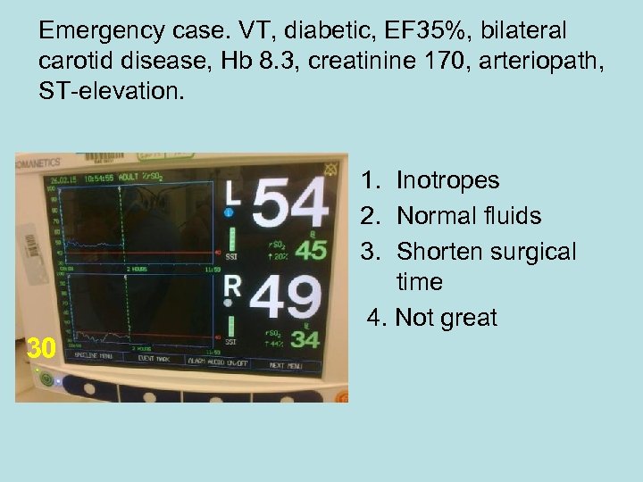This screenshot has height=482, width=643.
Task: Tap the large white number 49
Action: (285, 297)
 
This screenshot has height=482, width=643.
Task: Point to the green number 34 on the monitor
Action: (305, 339)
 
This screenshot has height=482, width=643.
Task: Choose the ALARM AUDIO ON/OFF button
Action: (216, 361)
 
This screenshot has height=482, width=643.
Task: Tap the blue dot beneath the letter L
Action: (229, 213)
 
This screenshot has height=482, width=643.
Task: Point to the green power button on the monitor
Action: (46, 378)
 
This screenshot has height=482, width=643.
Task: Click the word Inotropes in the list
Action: (447, 180)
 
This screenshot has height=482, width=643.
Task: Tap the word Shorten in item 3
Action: (439, 252)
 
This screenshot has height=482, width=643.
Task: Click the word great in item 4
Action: (468, 318)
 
